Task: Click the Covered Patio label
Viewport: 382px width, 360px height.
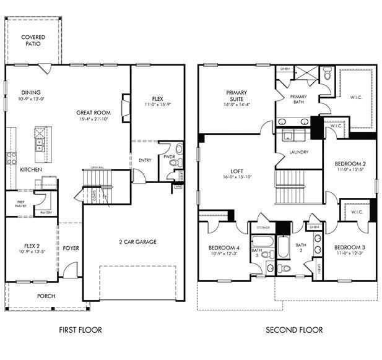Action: pyautogui.click(x=33, y=41)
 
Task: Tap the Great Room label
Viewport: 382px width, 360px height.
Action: pyautogui.click(x=93, y=113)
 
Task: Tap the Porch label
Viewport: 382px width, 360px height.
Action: pyautogui.click(x=45, y=296)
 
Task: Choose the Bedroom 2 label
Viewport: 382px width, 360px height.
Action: pyautogui.click(x=350, y=164)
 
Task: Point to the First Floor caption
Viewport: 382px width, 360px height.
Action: pyautogui.click(x=80, y=330)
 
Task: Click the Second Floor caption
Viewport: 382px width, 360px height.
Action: pyautogui.click(x=294, y=330)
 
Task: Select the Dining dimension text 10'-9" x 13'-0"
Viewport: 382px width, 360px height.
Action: pyautogui.click(x=32, y=99)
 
